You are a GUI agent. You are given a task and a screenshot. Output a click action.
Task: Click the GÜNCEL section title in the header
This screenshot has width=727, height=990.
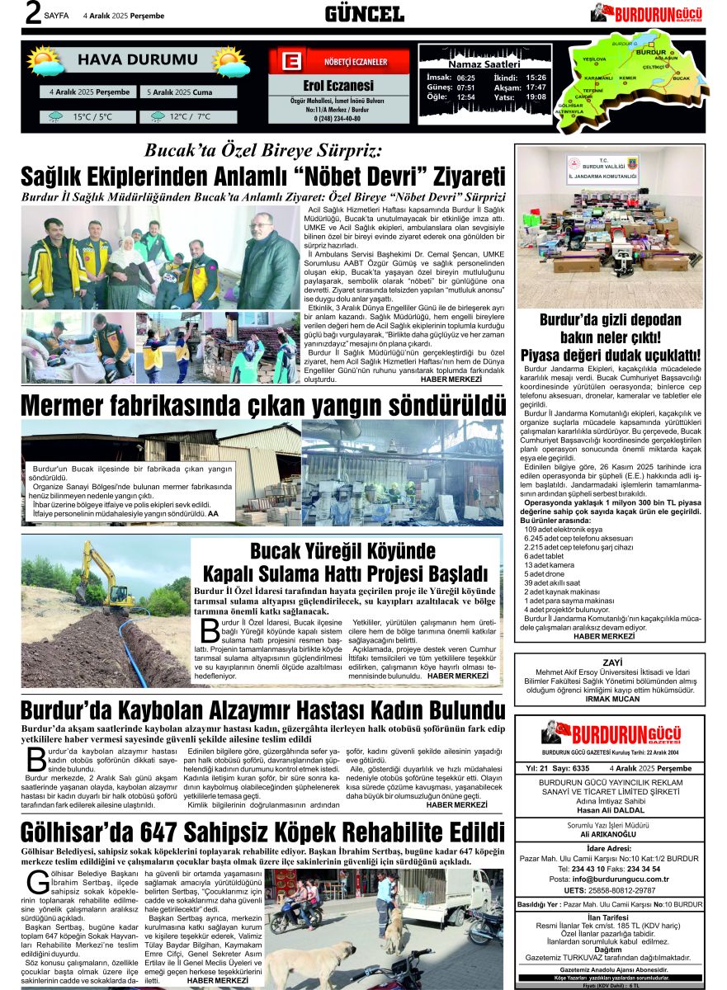[x=364, y=14]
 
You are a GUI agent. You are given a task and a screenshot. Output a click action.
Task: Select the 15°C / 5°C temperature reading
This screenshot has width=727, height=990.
[x=92, y=117]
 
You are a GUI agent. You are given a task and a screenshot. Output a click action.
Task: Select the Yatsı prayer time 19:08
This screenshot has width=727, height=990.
[x=536, y=97]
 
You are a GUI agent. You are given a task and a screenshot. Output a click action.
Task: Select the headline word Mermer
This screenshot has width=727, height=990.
[x=80, y=406]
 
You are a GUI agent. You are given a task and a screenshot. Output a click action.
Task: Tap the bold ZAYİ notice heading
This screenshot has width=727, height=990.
[x=611, y=662]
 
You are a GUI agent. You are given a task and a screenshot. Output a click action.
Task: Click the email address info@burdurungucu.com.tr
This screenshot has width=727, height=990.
[x=611, y=879]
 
